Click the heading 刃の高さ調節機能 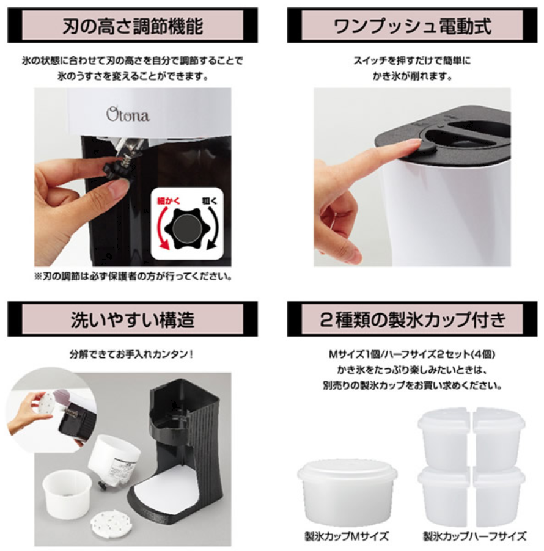coord(133,26)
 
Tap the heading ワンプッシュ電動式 coord(412,26)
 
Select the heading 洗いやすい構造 coord(133,319)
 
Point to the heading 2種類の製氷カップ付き coord(412,319)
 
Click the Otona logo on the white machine coord(128,114)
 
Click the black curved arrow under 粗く coord(213,228)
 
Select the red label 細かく coord(168,200)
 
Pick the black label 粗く coord(210,200)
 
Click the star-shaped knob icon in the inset coord(187,228)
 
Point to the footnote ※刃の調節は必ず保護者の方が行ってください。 coord(133,277)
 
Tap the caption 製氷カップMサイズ coord(347,536)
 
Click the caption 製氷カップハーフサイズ coord(475,536)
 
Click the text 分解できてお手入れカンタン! coord(131,354)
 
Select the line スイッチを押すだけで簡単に coord(412,60)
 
